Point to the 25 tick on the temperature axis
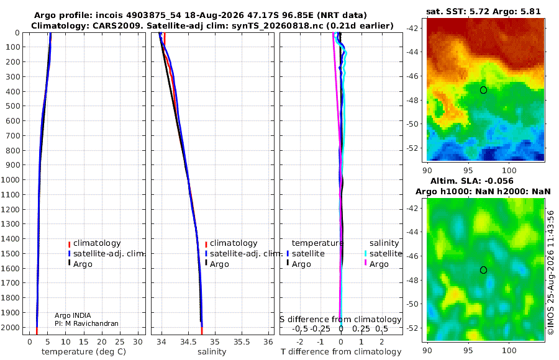click(120, 342)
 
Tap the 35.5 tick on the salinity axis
click(242, 342)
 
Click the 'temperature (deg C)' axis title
click(84, 352)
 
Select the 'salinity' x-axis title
click(212, 352)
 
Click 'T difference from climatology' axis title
click(341, 352)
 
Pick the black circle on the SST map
click(483, 90)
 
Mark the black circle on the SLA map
click(483, 270)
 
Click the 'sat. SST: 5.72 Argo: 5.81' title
click(483, 11)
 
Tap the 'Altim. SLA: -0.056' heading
click(472, 181)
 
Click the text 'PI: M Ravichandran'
click(86, 323)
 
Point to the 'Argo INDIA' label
click(73, 315)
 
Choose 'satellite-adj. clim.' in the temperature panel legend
click(109, 254)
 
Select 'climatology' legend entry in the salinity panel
click(234, 243)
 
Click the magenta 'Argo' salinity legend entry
click(379, 264)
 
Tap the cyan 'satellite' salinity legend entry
click(386, 254)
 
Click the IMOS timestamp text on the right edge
click(551, 272)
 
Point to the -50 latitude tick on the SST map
click(414, 124)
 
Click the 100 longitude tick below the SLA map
click(509, 350)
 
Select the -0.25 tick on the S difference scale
click(321, 328)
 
